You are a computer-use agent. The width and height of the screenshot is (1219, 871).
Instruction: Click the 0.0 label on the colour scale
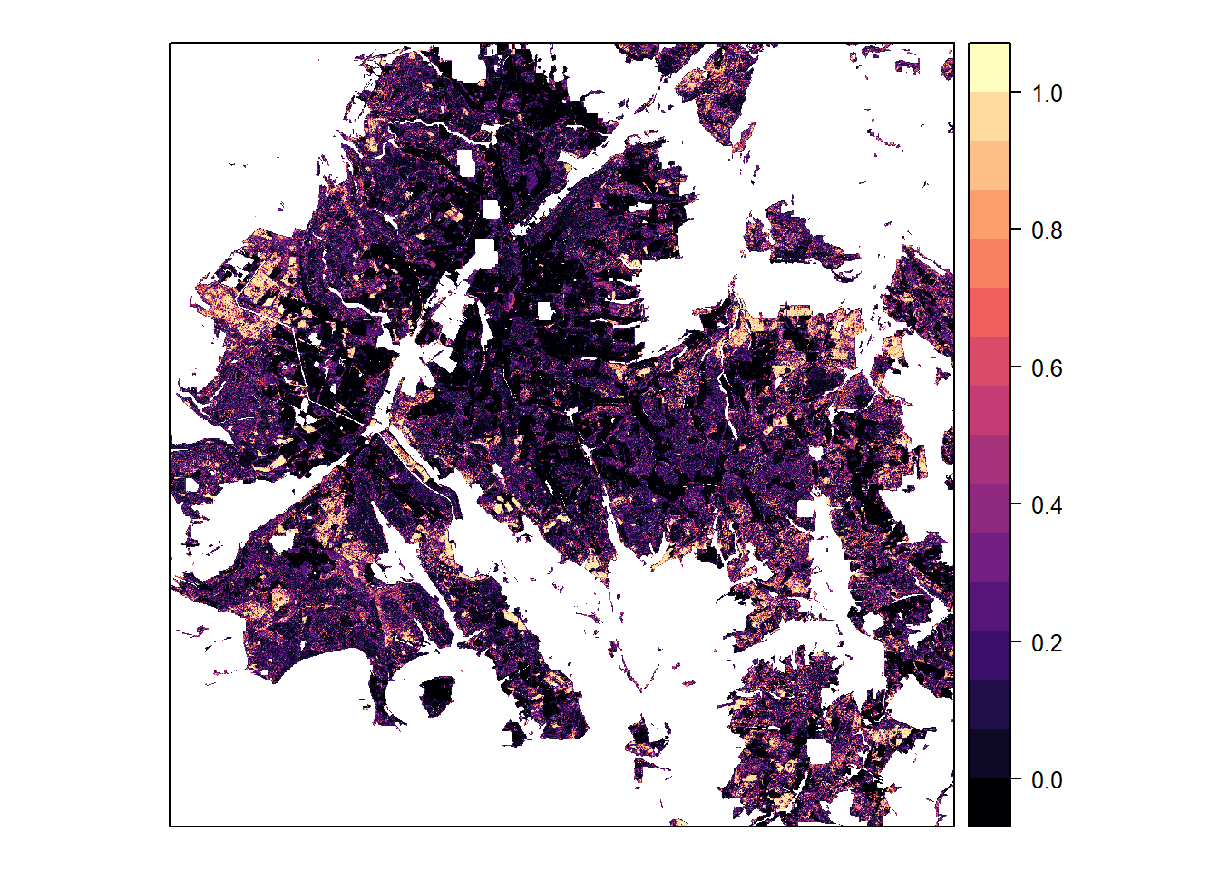click(1047, 780)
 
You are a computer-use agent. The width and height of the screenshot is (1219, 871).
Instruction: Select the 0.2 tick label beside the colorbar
click(1047, 643)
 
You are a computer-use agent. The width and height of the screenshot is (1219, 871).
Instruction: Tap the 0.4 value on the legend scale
click(1047, 505)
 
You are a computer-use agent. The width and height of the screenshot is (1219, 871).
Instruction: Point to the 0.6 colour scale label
click(1047, 368)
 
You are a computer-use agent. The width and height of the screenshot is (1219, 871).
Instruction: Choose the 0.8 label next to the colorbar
click(1047, 230)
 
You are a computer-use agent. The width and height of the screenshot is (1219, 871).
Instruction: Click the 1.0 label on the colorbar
click(1047, 93)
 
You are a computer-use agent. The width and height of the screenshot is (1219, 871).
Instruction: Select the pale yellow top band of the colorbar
click(990, 66)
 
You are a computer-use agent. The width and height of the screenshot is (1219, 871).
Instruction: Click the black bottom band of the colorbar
click(990, 802)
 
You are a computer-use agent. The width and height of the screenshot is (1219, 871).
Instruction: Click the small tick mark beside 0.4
click(1016, 505)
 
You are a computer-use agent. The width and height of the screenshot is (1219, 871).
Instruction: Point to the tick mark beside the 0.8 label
click(1016, 230)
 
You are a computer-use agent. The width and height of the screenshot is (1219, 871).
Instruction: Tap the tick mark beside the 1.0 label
click(1016, 93)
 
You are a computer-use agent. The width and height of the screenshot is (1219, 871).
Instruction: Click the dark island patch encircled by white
click(437, 695)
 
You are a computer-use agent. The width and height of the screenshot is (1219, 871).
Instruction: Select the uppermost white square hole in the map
click(465, 163)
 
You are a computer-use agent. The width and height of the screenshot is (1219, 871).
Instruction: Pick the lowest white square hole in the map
click(819, 752)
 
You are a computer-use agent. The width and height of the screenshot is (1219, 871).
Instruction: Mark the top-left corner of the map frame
click(170, 43)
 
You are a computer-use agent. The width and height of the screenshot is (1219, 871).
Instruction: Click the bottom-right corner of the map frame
click(954, 827)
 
